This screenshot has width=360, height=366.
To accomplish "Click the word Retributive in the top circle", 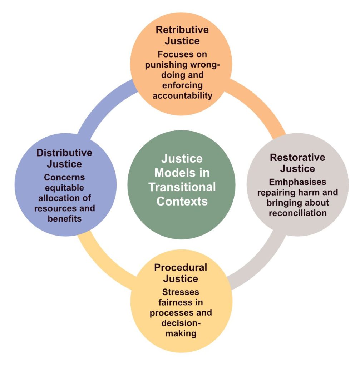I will tap(182, 29).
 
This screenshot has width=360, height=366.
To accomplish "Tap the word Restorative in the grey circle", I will tap(297, 157).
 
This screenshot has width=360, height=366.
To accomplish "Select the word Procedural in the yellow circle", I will tap(181, 267).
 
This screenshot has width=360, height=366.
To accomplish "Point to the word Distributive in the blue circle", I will tap(64, 153).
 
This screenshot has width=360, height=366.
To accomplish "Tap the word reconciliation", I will tap(297, 213).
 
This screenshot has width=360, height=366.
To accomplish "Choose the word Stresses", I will tap(181, 292).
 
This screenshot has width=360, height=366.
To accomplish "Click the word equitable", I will tap(64, 187).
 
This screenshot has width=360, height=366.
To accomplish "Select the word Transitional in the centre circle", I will tap(182, 187).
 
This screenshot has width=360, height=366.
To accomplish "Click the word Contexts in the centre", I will tap(182, 201).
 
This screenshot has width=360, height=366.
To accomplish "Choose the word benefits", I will tap(64, 218).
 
